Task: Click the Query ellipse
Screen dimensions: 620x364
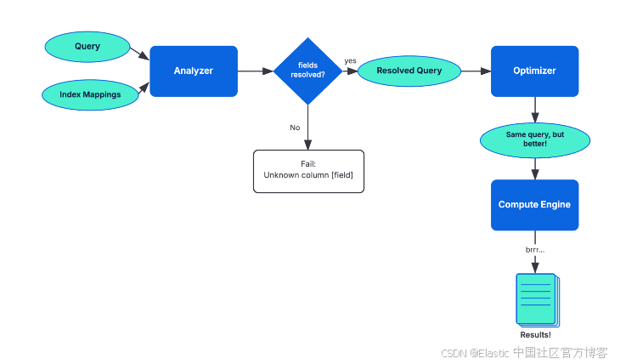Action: pos(87,47)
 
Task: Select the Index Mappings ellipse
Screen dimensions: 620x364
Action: pos(90,94)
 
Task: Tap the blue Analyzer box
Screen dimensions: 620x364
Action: pos(194,71)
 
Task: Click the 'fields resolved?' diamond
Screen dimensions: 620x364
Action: pos(308,71)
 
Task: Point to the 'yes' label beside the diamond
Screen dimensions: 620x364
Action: pos(350,60)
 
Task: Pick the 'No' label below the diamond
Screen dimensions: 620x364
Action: pos(295,128)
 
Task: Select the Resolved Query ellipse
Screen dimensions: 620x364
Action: pos(409,71)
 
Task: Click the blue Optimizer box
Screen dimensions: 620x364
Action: pos(534,71)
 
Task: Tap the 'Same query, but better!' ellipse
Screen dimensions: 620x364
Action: pos(535,140)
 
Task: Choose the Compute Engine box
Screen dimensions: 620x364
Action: pos(534,205)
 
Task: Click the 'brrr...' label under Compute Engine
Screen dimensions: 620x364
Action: pos(535,250)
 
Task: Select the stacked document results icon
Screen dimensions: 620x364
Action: pos(538,300)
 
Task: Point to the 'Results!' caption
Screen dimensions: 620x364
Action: pos(535,335)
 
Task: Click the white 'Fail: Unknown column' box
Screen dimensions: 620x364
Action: pos(308,171)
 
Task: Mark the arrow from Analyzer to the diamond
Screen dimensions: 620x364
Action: pos(256,71)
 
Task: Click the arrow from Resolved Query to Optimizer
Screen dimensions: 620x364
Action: pos(476,71)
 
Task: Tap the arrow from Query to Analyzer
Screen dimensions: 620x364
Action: pos(139,54)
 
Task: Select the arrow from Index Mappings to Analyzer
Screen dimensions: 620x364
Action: pos(144,88)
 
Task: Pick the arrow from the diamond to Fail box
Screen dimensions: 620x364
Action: pos(308,127)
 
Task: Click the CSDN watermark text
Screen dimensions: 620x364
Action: pos(524,352)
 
